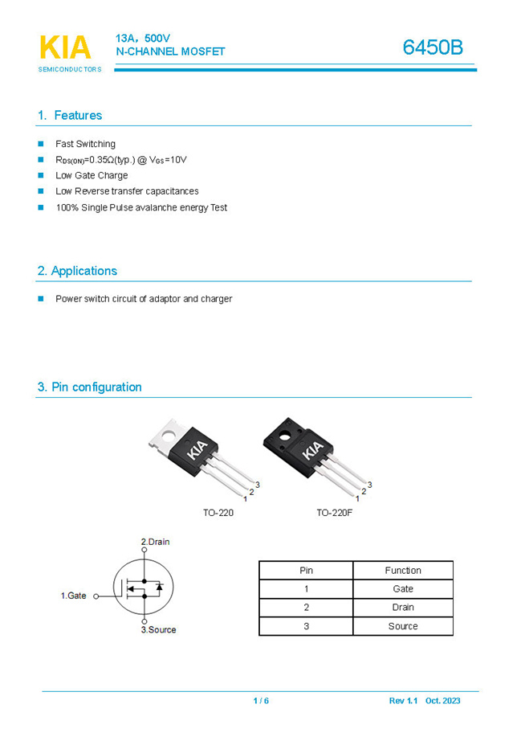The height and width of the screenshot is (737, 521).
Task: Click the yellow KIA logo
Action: click(x=65, y=47)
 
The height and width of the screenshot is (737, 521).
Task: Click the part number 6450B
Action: click(x=433, y=47)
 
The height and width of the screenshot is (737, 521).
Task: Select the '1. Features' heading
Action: click(x=70, y=115)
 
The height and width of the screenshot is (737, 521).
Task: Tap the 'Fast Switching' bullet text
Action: click(x=85, y=144)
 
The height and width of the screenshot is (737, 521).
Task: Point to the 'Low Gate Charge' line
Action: click(x=92, y=175)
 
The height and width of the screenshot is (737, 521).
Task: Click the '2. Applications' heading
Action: click(x=77, y=271)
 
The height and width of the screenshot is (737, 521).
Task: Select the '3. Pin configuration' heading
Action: click(x=89, y=387)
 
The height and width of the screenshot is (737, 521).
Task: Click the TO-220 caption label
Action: click(x=218, y=512)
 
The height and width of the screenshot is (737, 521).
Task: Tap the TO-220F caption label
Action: click(x=334, y=512)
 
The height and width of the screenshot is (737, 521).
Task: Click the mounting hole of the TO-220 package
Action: click(x=169, y=439)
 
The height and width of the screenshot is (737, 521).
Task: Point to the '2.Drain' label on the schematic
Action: click(x=155, y=542)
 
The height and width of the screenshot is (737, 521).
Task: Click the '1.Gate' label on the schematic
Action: click(x=74, y=596)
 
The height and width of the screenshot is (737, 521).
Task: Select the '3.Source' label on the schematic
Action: click(x=158, y=629)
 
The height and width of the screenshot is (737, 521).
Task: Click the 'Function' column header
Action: click(x=402, y=571)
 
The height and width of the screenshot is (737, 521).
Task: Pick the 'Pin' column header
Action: click(x=306, y=571)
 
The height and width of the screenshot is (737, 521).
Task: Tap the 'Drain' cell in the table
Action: click(x=402, y=608)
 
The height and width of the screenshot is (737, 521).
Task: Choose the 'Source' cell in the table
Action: click(x=402, y=626)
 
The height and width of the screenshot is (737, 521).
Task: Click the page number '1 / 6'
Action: click(x=261, y=701)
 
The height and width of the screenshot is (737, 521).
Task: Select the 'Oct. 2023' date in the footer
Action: click(x=443, y=701)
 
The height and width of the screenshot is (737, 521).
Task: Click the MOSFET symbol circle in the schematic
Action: click(x=144, y=587)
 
